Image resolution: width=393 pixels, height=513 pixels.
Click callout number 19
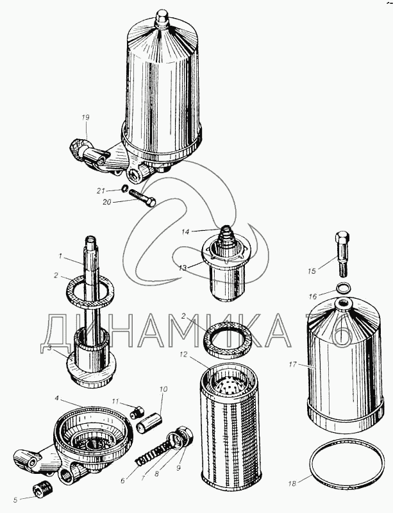[85, 117]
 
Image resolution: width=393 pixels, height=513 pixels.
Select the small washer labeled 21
[124, 189]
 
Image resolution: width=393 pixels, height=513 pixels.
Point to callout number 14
[185, 232]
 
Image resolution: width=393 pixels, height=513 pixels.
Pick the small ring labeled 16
[344, 288]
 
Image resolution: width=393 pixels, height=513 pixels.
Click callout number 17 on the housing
[292, 364]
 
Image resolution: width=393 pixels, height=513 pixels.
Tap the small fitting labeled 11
[137, 412]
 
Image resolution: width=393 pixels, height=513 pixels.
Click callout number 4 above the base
[56, 398]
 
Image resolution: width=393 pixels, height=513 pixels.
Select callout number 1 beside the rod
[60, 256]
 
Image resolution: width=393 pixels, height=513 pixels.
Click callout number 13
[183, 267]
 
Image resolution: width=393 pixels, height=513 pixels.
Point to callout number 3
[49, 348]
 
